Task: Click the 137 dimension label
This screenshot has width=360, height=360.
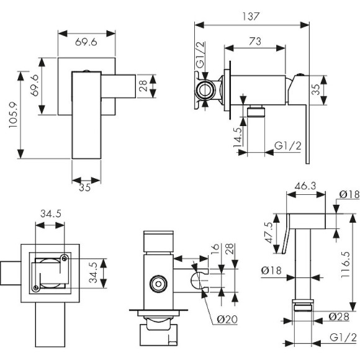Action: point(251,17)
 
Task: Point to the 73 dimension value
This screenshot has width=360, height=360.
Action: point(255,42)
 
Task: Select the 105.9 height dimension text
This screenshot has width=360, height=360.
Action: point(14,115)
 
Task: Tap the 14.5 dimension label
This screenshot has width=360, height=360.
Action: point(238,137)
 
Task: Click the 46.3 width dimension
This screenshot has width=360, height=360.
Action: point(305,186)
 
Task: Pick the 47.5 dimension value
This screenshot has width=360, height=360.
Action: point(269,233)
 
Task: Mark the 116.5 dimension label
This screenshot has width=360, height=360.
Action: point(346,264)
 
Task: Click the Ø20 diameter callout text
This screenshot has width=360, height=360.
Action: point(227,320)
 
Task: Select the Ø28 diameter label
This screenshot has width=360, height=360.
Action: point(339,317)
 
